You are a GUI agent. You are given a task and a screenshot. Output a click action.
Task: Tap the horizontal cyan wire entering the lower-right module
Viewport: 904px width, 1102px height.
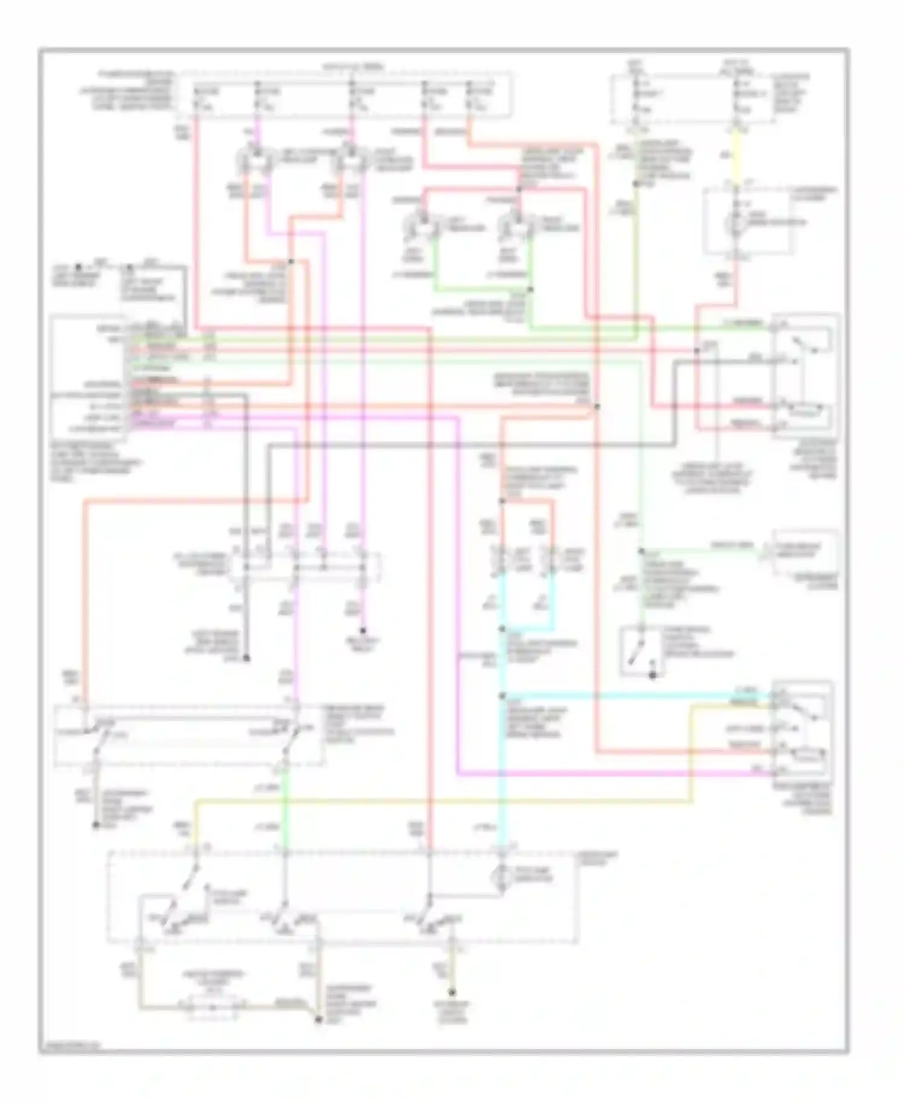pos(633,696)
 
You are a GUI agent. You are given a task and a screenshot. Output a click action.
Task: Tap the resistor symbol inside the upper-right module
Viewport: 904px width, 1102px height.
pos(805,411)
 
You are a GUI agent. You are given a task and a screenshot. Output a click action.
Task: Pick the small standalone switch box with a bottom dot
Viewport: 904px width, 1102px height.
pos(641,651)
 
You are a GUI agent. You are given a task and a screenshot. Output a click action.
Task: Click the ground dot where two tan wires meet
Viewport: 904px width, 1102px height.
pos(318,1019)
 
